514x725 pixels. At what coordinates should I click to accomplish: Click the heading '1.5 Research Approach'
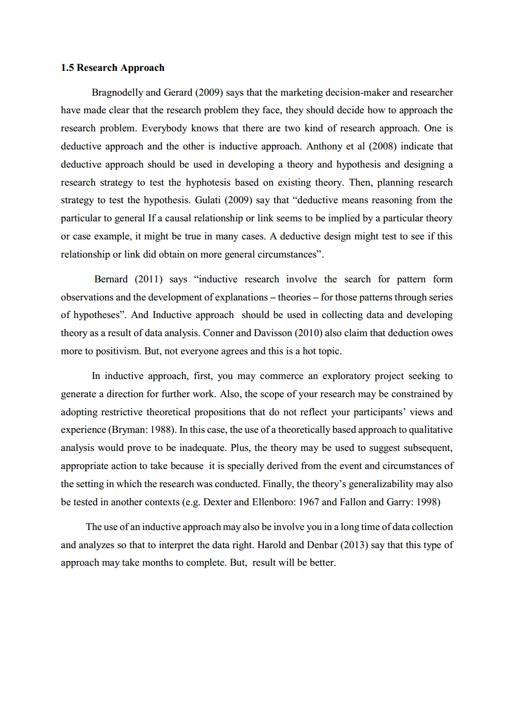(x=112, y=68)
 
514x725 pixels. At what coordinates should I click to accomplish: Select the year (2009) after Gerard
(x=209, y=93)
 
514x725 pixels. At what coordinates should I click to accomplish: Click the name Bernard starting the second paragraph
(x=111, y=279)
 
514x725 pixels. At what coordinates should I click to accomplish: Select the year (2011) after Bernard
(x=148, y=279)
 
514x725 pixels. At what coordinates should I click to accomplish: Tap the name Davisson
(x=282, y=333)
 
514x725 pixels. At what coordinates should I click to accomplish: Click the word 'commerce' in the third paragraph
(x=281, y=376)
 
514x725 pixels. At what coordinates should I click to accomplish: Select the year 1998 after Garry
(x=427, y=502)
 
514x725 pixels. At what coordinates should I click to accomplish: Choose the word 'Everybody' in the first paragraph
(x=164, y=128)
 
